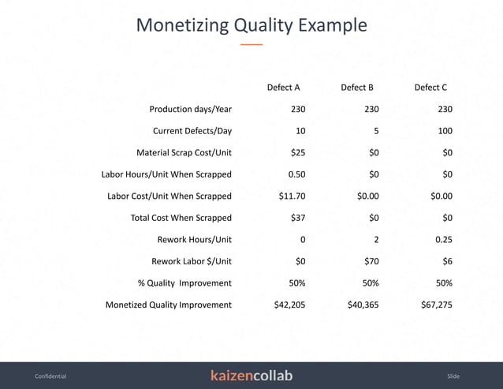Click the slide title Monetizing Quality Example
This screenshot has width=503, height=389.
[x=251, y=24]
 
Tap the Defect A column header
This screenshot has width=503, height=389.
[x=284, y=88]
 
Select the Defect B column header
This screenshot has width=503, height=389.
[x=357, y=88]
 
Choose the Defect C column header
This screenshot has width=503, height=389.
[x=430, y=88]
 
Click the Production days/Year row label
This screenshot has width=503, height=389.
[x=191, y=110]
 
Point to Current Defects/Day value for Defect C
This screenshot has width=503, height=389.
[x=445, y=131]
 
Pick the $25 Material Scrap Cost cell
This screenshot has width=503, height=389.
[x=298, y=152]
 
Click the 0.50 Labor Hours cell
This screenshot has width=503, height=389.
[x=296, y=174]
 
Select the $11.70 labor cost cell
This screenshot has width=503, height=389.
[x=292, y=196]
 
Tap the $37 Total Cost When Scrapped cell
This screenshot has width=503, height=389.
[x=298, y=218]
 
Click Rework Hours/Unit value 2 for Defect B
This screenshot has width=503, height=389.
[x=376, y=239]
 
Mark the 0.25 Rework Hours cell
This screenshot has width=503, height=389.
[x=443, y=239]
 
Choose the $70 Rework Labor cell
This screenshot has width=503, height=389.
[x=371, y=261]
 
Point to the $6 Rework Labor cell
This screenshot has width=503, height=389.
[x=447, y=261]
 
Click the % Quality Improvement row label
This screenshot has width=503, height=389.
[x=184, y=282]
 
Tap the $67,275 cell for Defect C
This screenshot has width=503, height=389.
[x=437, y=305]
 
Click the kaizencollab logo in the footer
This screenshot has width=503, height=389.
[x=251, y=376]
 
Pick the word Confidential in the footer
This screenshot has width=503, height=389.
[x=50, y=376]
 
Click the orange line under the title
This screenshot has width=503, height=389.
[x=251, y=45]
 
